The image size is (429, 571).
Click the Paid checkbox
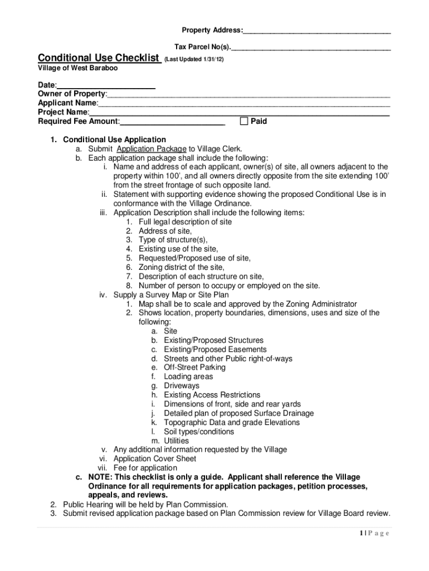pos(243,122)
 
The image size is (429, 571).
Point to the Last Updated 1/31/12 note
pos(194,59)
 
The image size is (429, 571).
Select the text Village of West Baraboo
pos(77,68)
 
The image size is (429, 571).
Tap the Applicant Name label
pos(67,103)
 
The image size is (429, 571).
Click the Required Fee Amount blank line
pos(173,122)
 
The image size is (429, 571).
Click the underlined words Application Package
pos(152,149)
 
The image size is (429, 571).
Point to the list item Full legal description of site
pos(185,222)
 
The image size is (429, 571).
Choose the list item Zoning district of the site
pos(181,268)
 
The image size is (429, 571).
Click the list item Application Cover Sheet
pos(155,459)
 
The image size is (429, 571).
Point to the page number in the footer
pos(362,533)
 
